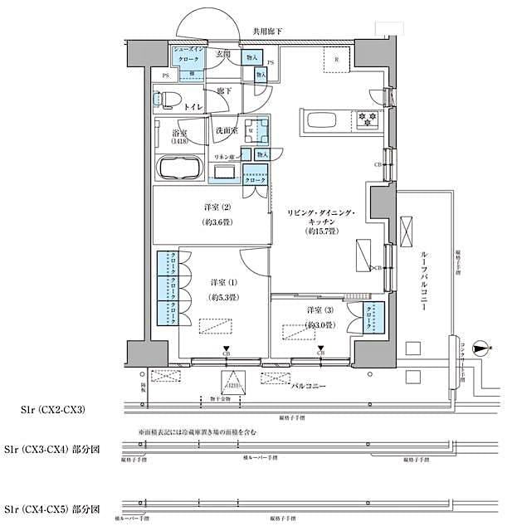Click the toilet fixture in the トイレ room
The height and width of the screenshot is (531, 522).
point(165,100)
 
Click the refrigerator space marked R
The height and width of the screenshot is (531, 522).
point(335,60)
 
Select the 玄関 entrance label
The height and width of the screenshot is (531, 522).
point(222,55)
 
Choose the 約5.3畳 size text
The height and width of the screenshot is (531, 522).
point(224,297)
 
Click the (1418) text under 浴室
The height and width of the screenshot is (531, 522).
point(180,142)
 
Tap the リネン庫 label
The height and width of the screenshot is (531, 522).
point(225,157)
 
